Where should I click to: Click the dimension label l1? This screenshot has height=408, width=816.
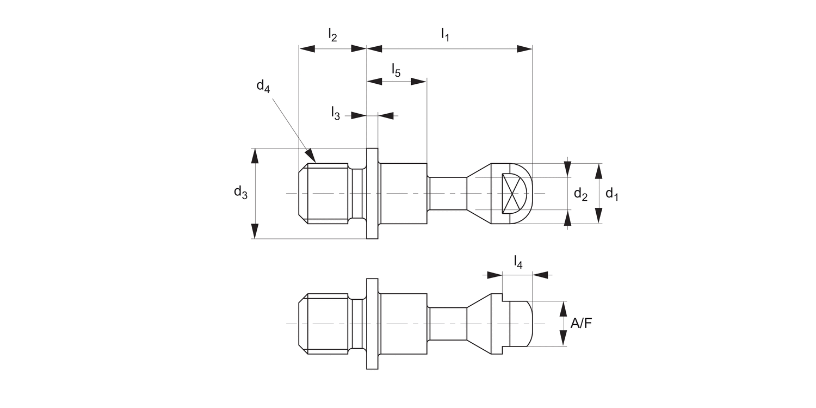click(x=445, y=35)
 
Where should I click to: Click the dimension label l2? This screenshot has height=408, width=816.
click(x=332, y=35)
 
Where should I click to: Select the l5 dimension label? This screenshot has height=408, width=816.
click(x=396, y=70)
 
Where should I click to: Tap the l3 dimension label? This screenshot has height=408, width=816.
click(x=336, y=113)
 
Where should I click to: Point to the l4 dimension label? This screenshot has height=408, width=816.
click(x=518, y=263)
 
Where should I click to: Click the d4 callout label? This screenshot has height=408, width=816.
click(x=263, y=86)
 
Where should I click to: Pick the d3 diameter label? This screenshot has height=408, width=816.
click(x=240, y=192)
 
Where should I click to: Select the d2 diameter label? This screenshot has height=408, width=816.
click(x=581, y=194)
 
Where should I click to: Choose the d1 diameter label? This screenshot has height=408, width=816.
click(x=612, y=194)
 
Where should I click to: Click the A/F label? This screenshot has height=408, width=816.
click(x=582, y=324)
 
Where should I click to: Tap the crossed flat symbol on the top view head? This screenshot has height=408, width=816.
click(x=514, y=193)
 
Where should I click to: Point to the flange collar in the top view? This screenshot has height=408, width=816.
click(x=372, y=193)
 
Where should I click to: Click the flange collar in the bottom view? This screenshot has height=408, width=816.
click(x=372, y=324)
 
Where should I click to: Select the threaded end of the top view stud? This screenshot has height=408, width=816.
click(x=325, y=193)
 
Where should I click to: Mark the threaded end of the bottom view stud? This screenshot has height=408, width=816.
click(x=325, y=324)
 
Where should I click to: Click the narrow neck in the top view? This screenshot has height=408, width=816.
click(x=448, y=193)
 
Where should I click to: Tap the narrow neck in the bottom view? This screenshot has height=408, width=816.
click(x=448, y=324)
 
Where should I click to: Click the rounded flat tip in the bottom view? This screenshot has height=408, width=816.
click(x=521, y=324)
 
